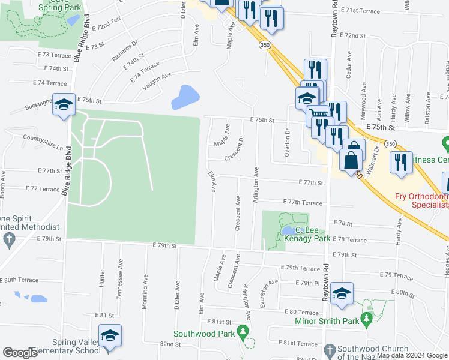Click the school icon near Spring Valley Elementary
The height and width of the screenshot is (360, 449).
coord(110,336)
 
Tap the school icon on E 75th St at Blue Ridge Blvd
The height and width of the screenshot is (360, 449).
coord(64,106)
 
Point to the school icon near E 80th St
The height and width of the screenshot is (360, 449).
coord(342,293)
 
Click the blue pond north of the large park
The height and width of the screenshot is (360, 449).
coord(185,97)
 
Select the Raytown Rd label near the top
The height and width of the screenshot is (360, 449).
coord(333,23)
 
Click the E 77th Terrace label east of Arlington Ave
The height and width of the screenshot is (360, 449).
coord(303,203)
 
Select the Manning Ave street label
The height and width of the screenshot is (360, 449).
coord(145,292)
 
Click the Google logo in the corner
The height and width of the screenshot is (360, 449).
coord(20,353)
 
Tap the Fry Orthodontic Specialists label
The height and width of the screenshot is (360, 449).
coord(421,200)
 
